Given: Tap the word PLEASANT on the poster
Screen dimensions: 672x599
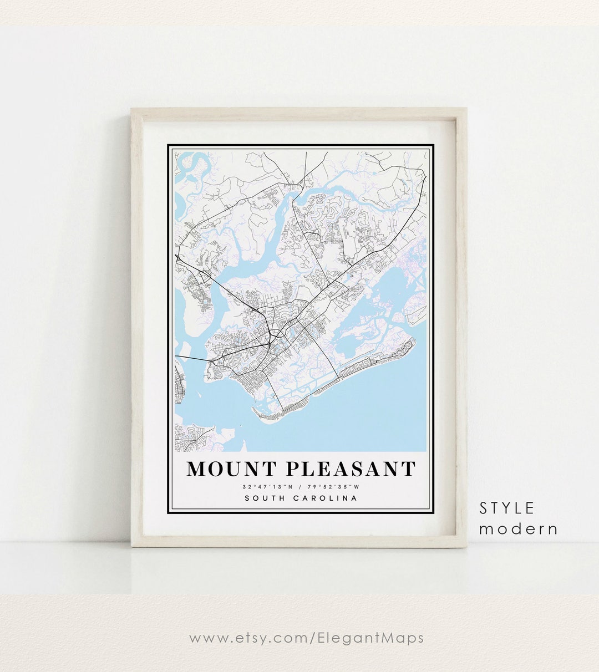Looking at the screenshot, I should pos(351,469).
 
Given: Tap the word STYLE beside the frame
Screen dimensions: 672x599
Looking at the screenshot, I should pos(507,508).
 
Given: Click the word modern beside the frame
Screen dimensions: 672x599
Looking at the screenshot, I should pos(518,529).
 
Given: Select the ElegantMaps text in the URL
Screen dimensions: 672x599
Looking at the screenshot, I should pos(370,638).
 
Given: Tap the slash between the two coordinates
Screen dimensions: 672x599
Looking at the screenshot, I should pos(298,487).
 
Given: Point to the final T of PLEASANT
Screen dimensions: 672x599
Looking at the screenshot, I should pos(408,469).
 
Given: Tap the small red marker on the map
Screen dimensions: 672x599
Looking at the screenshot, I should pos(350,274).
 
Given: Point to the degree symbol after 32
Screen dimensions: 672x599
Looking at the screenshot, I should pos(250,485).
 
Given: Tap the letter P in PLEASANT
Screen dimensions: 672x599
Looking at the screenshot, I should pos(293,469).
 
